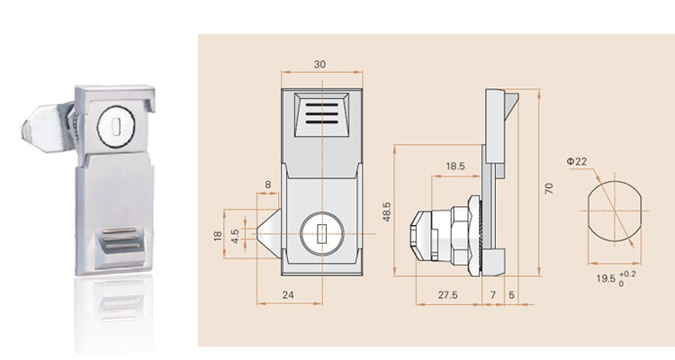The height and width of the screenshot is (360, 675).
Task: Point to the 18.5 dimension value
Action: click(x=454, y=166)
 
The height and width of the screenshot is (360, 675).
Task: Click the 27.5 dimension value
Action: click(x=447, y=294)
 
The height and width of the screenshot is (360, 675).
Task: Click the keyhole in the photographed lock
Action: click(x=113, y=123)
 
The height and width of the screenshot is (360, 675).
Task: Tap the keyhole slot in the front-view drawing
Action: click(x=322, y=237)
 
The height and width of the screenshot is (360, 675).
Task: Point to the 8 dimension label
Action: click(x=267, y=184)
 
